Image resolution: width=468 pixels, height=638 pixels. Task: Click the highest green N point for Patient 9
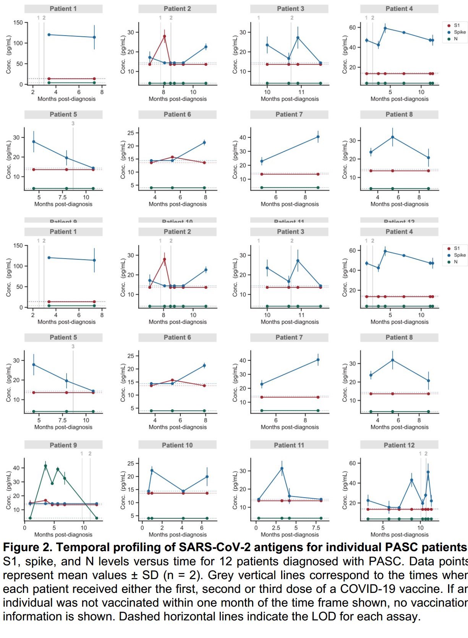tap(45, 466)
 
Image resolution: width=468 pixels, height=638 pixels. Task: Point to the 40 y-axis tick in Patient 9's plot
tap(16, 468)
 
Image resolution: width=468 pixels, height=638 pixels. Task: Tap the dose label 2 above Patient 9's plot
tap(90, 454)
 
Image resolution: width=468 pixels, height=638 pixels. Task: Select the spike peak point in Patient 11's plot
tap(282, 469)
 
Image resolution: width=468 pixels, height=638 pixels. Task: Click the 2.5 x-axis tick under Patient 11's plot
tap(276, 528)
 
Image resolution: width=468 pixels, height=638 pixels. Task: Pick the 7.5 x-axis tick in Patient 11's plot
tap(316, 528)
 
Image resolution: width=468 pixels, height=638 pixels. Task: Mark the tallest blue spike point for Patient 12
tap(428, 472)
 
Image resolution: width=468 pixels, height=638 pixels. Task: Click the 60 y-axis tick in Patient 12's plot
tap(352, 463)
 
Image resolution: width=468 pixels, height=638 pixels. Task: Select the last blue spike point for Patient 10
tap(207, 477)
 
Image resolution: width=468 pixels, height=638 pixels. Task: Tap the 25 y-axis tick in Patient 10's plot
tap(131, 463)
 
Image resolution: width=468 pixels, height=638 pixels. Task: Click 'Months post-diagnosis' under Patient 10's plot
tap(178, 535)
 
